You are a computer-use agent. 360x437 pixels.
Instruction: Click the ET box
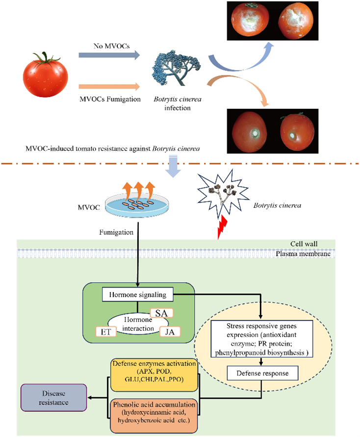click(105, 332)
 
